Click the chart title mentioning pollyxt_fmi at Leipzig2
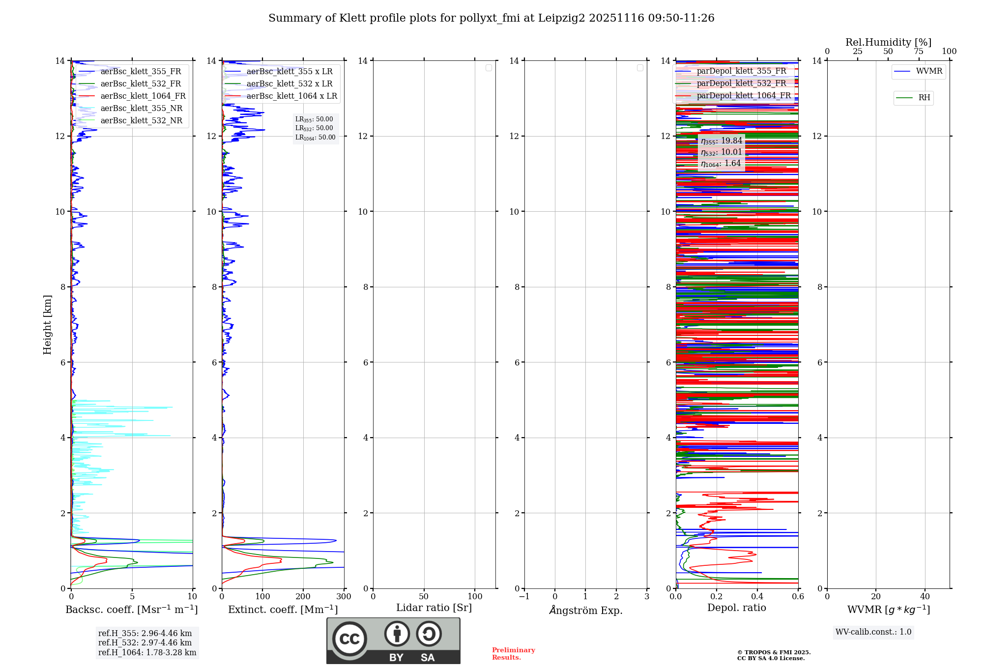491,18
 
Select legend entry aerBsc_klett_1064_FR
143,96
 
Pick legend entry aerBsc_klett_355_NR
141,109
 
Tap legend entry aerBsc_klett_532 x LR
289,84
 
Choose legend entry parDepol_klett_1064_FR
743,96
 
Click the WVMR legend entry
928,71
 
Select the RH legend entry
924,98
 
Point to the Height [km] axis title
47,325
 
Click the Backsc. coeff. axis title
132,610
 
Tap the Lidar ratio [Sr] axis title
434,608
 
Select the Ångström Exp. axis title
586,610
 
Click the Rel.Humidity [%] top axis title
888,42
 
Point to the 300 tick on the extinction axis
344,597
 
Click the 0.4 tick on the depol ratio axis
757,597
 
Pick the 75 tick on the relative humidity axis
918,52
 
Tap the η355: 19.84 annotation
722,141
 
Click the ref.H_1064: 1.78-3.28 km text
147,653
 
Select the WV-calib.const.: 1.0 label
873,632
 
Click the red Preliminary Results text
513,654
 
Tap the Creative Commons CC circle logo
349,639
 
